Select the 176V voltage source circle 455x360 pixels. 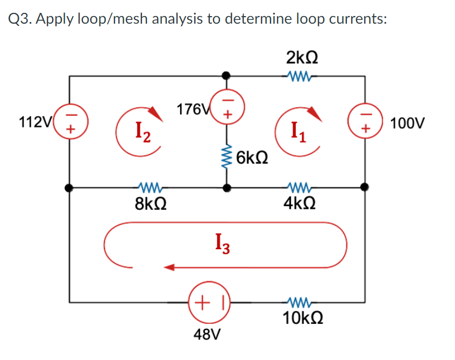(x=228, y=107)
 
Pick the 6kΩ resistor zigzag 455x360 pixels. (x=228, y=157)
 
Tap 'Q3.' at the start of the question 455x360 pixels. (x=21, y=19)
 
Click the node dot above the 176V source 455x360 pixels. (x=228, y=76)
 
